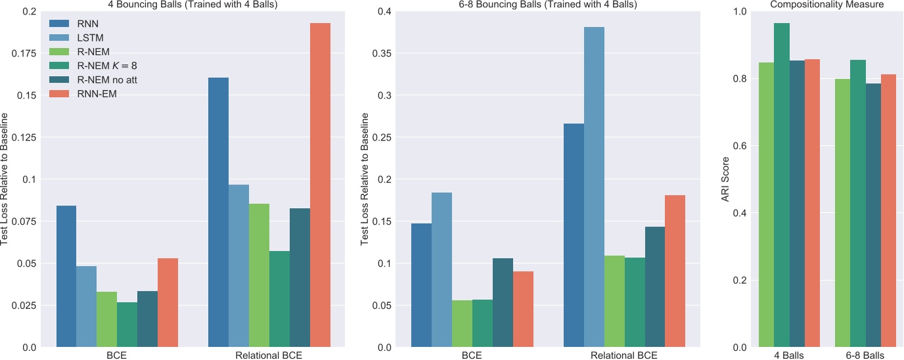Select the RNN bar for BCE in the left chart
[x=66, y=277]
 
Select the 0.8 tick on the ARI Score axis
[x=740, y=79]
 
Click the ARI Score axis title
[x=727, y=179]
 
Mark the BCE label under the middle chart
[x=472, y=356]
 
